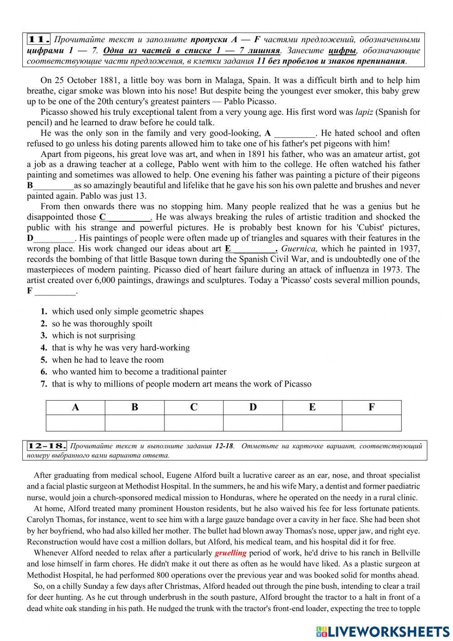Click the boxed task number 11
point(38,39)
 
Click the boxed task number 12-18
point(47,446)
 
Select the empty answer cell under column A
point(76,423)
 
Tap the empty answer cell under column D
point(253,423)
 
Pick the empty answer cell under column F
point(371,423)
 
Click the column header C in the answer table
point(194,407)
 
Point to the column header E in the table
point(312,407)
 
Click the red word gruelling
point(231,553)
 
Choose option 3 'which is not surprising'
point(93,336)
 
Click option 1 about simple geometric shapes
point(127,312)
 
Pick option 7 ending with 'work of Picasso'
point(181,384)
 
